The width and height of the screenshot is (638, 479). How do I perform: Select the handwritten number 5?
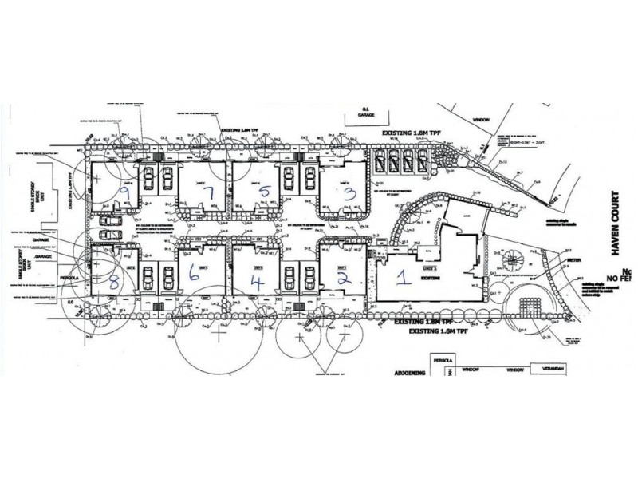pyautogui.click(x=266, y=192)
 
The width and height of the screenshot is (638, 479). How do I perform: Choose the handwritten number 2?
pyautogui.click(x=344, y=277)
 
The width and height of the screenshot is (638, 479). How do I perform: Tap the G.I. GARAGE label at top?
pyautogui.click(x=366, y=114)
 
